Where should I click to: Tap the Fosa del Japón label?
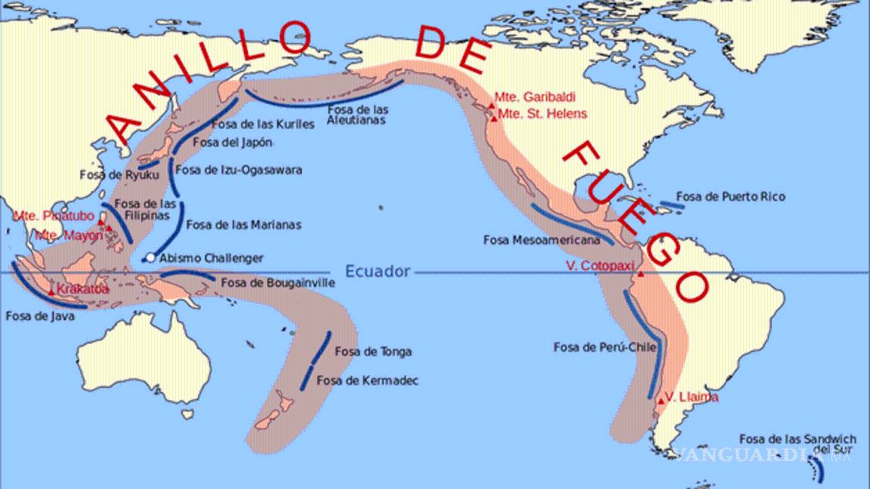[233, 142]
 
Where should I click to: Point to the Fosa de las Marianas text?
[243, 224]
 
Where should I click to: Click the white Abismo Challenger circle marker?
[150, 258]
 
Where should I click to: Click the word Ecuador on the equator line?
[377, 272]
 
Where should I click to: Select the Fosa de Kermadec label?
[368, 380]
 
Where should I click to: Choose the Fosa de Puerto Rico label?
[730, 197]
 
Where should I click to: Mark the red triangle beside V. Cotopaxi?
[640, 273]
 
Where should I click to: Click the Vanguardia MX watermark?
[764, 454]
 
